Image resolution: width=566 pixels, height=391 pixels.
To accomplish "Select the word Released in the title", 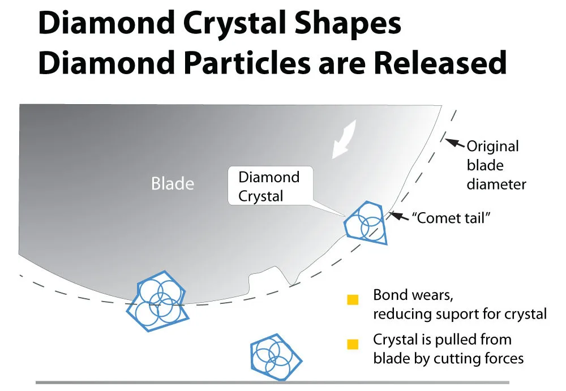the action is pyautogui.click(x=440, y=62).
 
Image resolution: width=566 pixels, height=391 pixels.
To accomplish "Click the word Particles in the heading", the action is pyautogui.click(x=247, y=62).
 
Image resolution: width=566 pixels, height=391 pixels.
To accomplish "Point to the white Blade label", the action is pyautogui.click(x=173, y=183).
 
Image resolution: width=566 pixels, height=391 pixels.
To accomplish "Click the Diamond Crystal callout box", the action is pyautogui.click(x=270, y=186).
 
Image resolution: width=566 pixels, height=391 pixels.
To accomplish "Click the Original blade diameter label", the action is pyautogui.click(x=496, y=165).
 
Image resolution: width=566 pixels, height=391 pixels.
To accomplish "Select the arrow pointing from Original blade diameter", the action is pyautogui.click(x=455, y=143).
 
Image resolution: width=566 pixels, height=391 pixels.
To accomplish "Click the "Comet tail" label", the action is pyautogui.click(x=451, y=218).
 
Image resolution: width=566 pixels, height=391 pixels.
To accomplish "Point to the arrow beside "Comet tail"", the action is pyautogui.click(x=400, y=216).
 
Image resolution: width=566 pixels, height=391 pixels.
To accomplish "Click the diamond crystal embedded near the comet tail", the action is pyautogui.click(x=365, y=223).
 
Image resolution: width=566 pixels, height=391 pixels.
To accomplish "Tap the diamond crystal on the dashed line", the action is pyautogui.click(x=158, y=301).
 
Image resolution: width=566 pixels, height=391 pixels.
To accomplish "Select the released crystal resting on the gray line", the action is pyautogui.click(x=277, y=356).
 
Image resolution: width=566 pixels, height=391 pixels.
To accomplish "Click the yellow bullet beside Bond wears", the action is pyautogui.click(x=353, y=300).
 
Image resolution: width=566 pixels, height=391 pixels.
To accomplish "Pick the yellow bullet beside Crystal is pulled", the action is pyautogui.click(x=353, y=344).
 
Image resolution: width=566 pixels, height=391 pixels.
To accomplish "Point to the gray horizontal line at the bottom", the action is pyautogui.click(x=273, y=383).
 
